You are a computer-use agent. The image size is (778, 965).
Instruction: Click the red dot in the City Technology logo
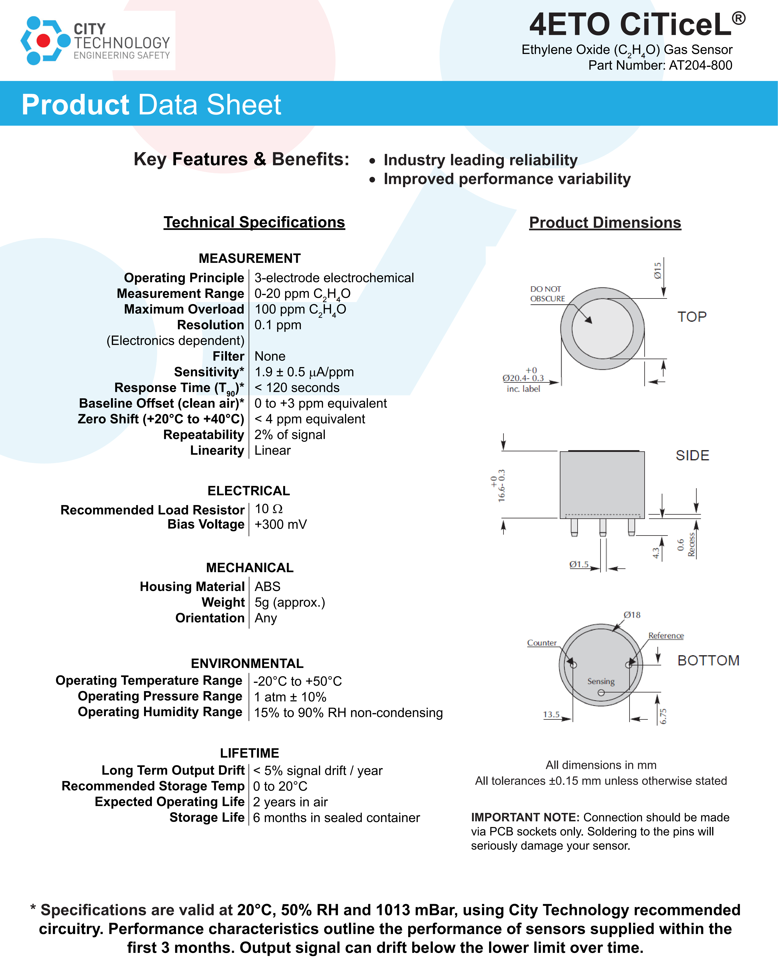point(44,41)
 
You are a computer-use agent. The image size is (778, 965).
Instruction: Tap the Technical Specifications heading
point(254,222)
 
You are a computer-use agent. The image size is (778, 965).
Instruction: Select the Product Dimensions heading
point(605,223)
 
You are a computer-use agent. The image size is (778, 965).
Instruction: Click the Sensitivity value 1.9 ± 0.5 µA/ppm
point(304,372)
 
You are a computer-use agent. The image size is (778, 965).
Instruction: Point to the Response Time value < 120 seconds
point(297,388)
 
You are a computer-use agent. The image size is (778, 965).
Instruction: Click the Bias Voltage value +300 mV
point(281,524)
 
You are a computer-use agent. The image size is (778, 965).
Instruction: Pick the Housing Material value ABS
point(268,587)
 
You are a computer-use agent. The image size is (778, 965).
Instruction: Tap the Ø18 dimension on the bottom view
point(632,615)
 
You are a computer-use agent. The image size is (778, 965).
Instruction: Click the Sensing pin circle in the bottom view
point(601,692)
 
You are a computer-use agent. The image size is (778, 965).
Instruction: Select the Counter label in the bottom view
point(541,643)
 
